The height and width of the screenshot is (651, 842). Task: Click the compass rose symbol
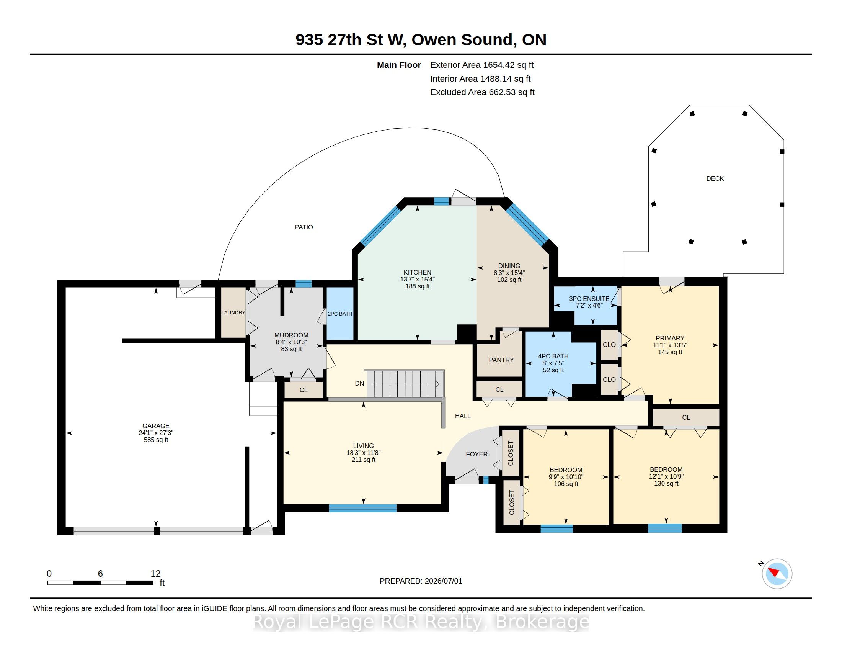click(x=777, y=574)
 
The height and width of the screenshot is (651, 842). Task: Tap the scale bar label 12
click(x=155, y=574)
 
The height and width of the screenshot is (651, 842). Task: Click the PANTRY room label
click(x=501, y=360)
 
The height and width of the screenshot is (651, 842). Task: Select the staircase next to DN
click(x=405, y=383)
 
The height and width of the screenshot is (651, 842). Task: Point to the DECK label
click(x=715, y=178)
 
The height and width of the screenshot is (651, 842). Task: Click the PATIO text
click(x=304, y=227)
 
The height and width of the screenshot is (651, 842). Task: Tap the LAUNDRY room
click(x=233, y=312)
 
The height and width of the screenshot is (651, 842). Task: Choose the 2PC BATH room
click(x=340, y=314)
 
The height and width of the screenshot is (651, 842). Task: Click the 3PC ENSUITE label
click(x=589, y=299)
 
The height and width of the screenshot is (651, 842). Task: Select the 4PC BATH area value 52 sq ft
click(x=553, y=370)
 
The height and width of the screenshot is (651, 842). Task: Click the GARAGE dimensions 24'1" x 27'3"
click(x=156, y=433)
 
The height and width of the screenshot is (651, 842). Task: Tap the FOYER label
click(x=476, y=454)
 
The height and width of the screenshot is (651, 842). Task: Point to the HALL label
click(x=463, y=416)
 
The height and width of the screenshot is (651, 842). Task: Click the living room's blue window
click(x=362, y=508)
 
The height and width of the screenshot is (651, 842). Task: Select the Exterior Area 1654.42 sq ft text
click(x=482, y=65)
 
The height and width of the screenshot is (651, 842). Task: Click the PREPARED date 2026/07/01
click(x=443, y=581)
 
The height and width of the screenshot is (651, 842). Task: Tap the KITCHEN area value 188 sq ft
click(x=417, y=286)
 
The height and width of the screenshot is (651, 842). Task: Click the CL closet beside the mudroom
click(x=304, y=390)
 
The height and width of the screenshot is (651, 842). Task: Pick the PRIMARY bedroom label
click(x=670, y=338)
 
